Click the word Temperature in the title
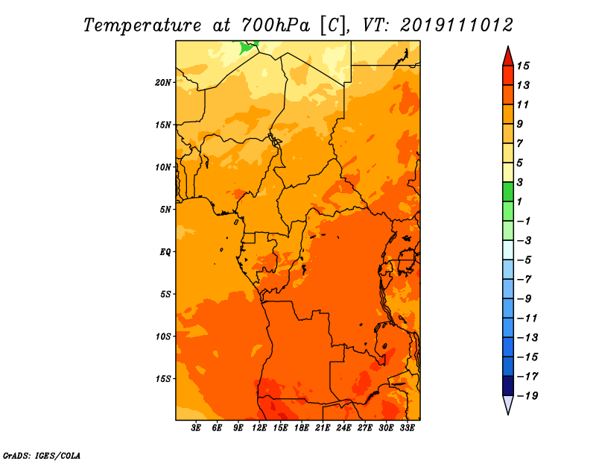142,25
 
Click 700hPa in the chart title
276,25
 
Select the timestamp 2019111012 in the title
457,25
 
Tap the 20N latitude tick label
163,83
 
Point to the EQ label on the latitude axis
165,252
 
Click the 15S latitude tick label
163,379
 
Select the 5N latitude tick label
165,210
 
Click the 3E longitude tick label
196,428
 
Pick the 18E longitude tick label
302,428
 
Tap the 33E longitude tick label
407,428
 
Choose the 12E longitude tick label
259,428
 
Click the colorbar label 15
523,66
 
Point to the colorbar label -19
527,396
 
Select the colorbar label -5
524,260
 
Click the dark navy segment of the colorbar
508,386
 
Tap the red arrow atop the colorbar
508,57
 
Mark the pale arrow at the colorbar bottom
508,404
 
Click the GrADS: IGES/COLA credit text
42,456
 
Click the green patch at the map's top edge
247,47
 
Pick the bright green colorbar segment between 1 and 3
508,192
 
